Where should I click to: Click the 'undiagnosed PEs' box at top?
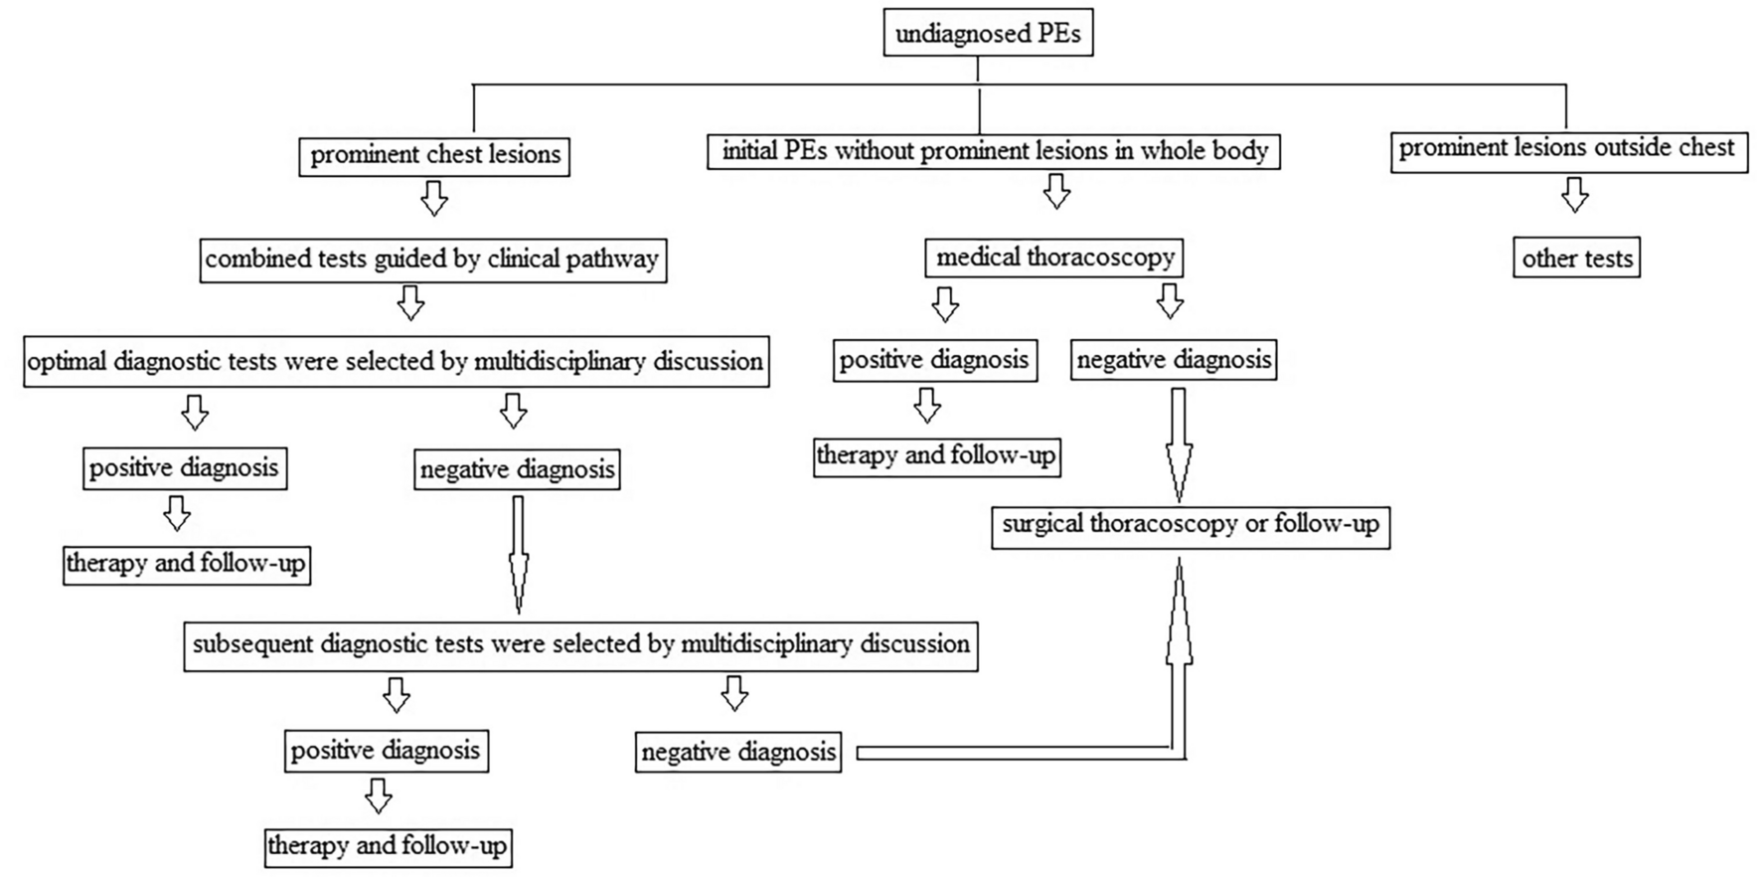coord(988,34)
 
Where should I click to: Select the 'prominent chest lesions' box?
coord(434,155)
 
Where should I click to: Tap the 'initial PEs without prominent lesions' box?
coord(994,151)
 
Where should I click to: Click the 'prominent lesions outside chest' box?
coord(1567,149)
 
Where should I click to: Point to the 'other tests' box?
coord(1576,259)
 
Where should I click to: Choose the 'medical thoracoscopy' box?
coord(1054,258)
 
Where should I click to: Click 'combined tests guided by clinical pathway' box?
coord(432,260)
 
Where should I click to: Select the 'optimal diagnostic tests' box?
coord(396,361)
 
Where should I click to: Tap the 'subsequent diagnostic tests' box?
coord(580,644)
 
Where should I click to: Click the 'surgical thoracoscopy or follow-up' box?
coord(1190,525)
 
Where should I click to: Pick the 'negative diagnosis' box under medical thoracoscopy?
coord(1174,360)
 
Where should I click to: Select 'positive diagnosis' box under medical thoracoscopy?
coord(934,360)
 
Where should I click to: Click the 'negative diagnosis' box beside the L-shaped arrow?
coord(737,752)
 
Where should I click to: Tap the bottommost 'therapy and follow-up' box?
coord(388,846)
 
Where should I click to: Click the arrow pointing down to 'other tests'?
coord(1574,195)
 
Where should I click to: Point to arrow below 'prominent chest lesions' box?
coord(434,198)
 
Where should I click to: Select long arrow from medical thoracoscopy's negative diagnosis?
coord(1179,442)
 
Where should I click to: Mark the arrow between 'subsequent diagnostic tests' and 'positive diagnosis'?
coord(397,695)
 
